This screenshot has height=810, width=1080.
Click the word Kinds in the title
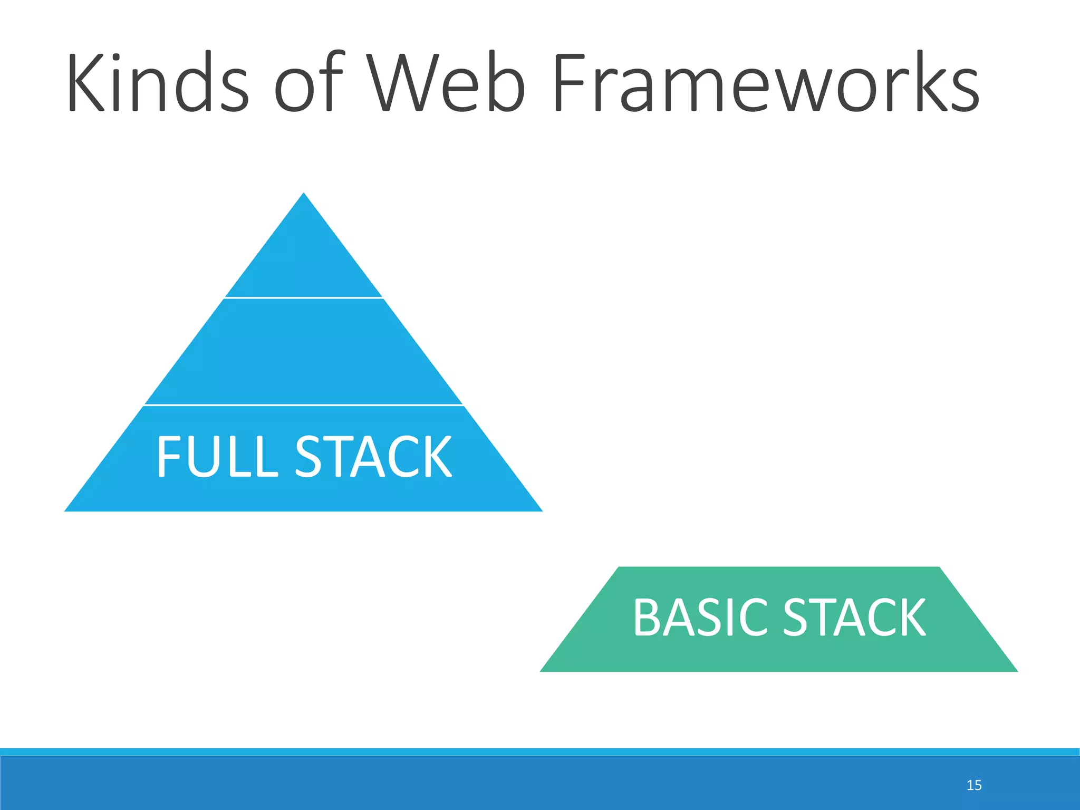tap(157, 83)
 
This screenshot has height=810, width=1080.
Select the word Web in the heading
tap(447, 83)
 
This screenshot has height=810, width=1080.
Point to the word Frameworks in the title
tap(766, 83)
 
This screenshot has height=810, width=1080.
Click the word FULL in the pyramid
tap(217, 457)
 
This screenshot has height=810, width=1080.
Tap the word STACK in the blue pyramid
tap(373, 457)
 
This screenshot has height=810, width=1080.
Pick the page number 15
tap(974, 785)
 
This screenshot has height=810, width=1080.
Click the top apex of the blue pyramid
tap(304, 195)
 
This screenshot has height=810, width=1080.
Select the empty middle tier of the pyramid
tap(304, 351)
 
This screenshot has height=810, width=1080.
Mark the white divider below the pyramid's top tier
tap(304, 298)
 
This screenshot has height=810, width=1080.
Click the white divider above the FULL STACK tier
tap(304, 405)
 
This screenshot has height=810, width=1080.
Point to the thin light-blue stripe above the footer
tap(540, 751)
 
